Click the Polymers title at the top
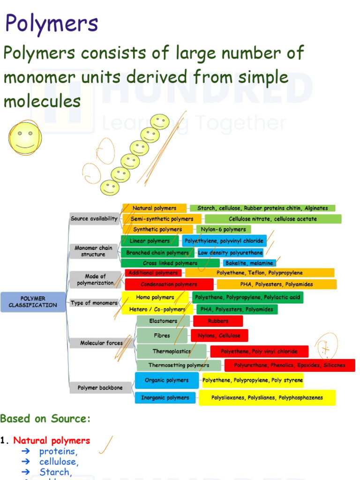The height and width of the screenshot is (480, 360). point(52,23)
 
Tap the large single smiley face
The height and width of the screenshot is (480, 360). point(25,137)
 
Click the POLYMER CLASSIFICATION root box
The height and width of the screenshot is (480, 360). point(33,302)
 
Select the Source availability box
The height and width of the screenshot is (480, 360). point(94,219)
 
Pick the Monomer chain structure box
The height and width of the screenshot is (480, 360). point(93,251)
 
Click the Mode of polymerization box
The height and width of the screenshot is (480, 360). point(95,279)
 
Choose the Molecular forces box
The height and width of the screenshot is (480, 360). point(101,343)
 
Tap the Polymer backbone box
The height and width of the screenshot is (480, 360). point(100,388)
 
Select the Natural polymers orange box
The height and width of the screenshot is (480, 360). point(154,208)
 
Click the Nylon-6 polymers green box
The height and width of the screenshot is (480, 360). point(223,229)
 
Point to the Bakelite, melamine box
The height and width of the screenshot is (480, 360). point(249,263)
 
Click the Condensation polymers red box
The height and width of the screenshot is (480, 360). point(169,284)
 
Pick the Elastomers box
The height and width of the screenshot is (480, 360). point(163,321)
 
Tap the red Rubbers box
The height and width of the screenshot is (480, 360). point(218,321)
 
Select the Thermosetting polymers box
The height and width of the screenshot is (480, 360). point(179,365)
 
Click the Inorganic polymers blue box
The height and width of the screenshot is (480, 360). point(165,397)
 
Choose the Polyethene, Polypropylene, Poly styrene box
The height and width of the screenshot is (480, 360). point(253,380)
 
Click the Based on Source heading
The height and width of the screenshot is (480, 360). point(45,419)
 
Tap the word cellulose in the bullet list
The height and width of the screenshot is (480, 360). point(59,462)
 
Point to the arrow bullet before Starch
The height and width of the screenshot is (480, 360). point(26,472)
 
